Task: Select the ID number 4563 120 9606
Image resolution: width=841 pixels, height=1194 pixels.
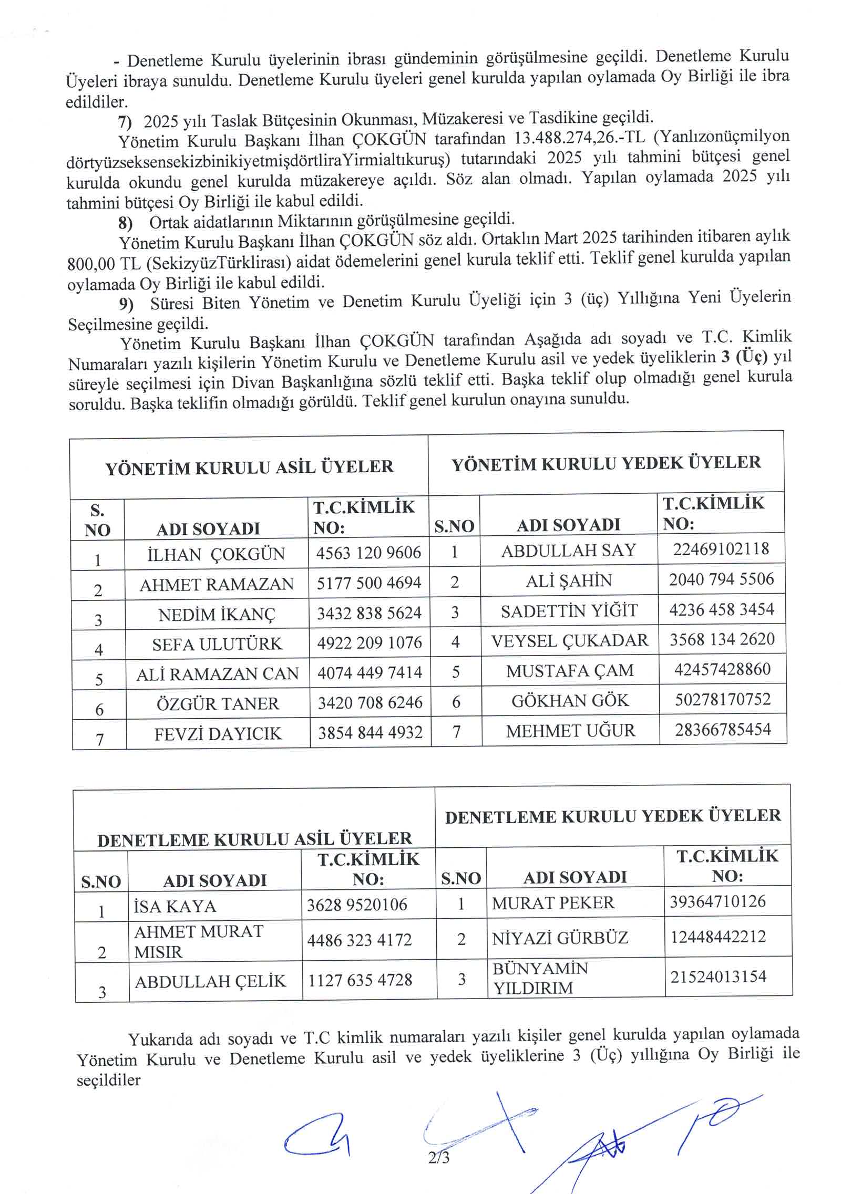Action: coord(368,553)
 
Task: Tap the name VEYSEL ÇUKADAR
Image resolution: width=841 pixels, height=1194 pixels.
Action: coord(570,641)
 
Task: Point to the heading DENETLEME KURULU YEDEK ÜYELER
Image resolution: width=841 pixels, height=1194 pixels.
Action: coord(613,816)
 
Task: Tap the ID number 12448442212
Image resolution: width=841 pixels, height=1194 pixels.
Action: coord(718,937)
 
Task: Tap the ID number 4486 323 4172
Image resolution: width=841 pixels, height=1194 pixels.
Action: coord(360,939)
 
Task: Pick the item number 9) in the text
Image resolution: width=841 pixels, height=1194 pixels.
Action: coord(126,304)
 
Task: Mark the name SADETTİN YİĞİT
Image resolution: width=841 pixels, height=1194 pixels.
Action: coord(569,611)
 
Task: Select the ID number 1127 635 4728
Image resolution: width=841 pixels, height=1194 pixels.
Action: coord(360,980)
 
